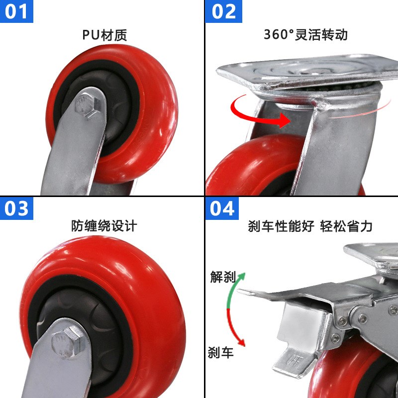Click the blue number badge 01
point(16,11)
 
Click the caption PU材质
point(104,35)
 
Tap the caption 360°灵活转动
point(305,35)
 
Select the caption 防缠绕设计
point(104,226)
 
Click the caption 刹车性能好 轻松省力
point(310,226)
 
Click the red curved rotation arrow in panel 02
point(259,112)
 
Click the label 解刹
point(222,277)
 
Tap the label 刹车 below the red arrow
point(220,353)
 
